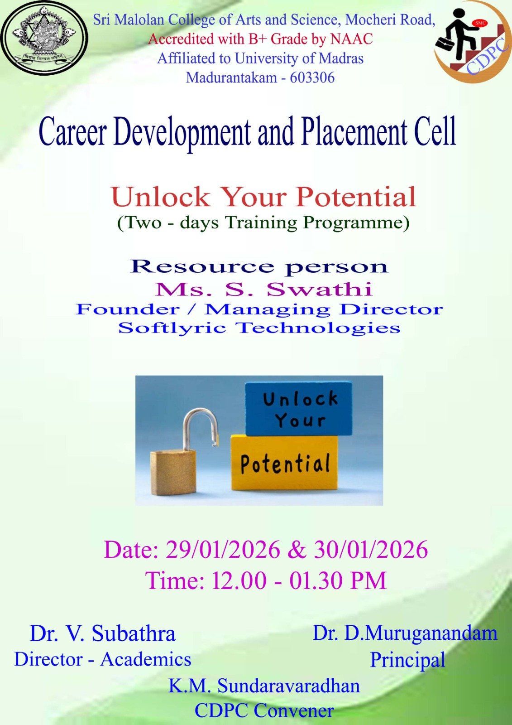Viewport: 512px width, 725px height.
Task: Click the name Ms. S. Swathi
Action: pyautogui.click(x=263, y=289)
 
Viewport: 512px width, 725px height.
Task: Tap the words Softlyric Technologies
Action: pyautogui.click(x=259, y=328)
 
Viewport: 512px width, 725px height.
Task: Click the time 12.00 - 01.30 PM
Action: pyautogui.click(x=299, y=580)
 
